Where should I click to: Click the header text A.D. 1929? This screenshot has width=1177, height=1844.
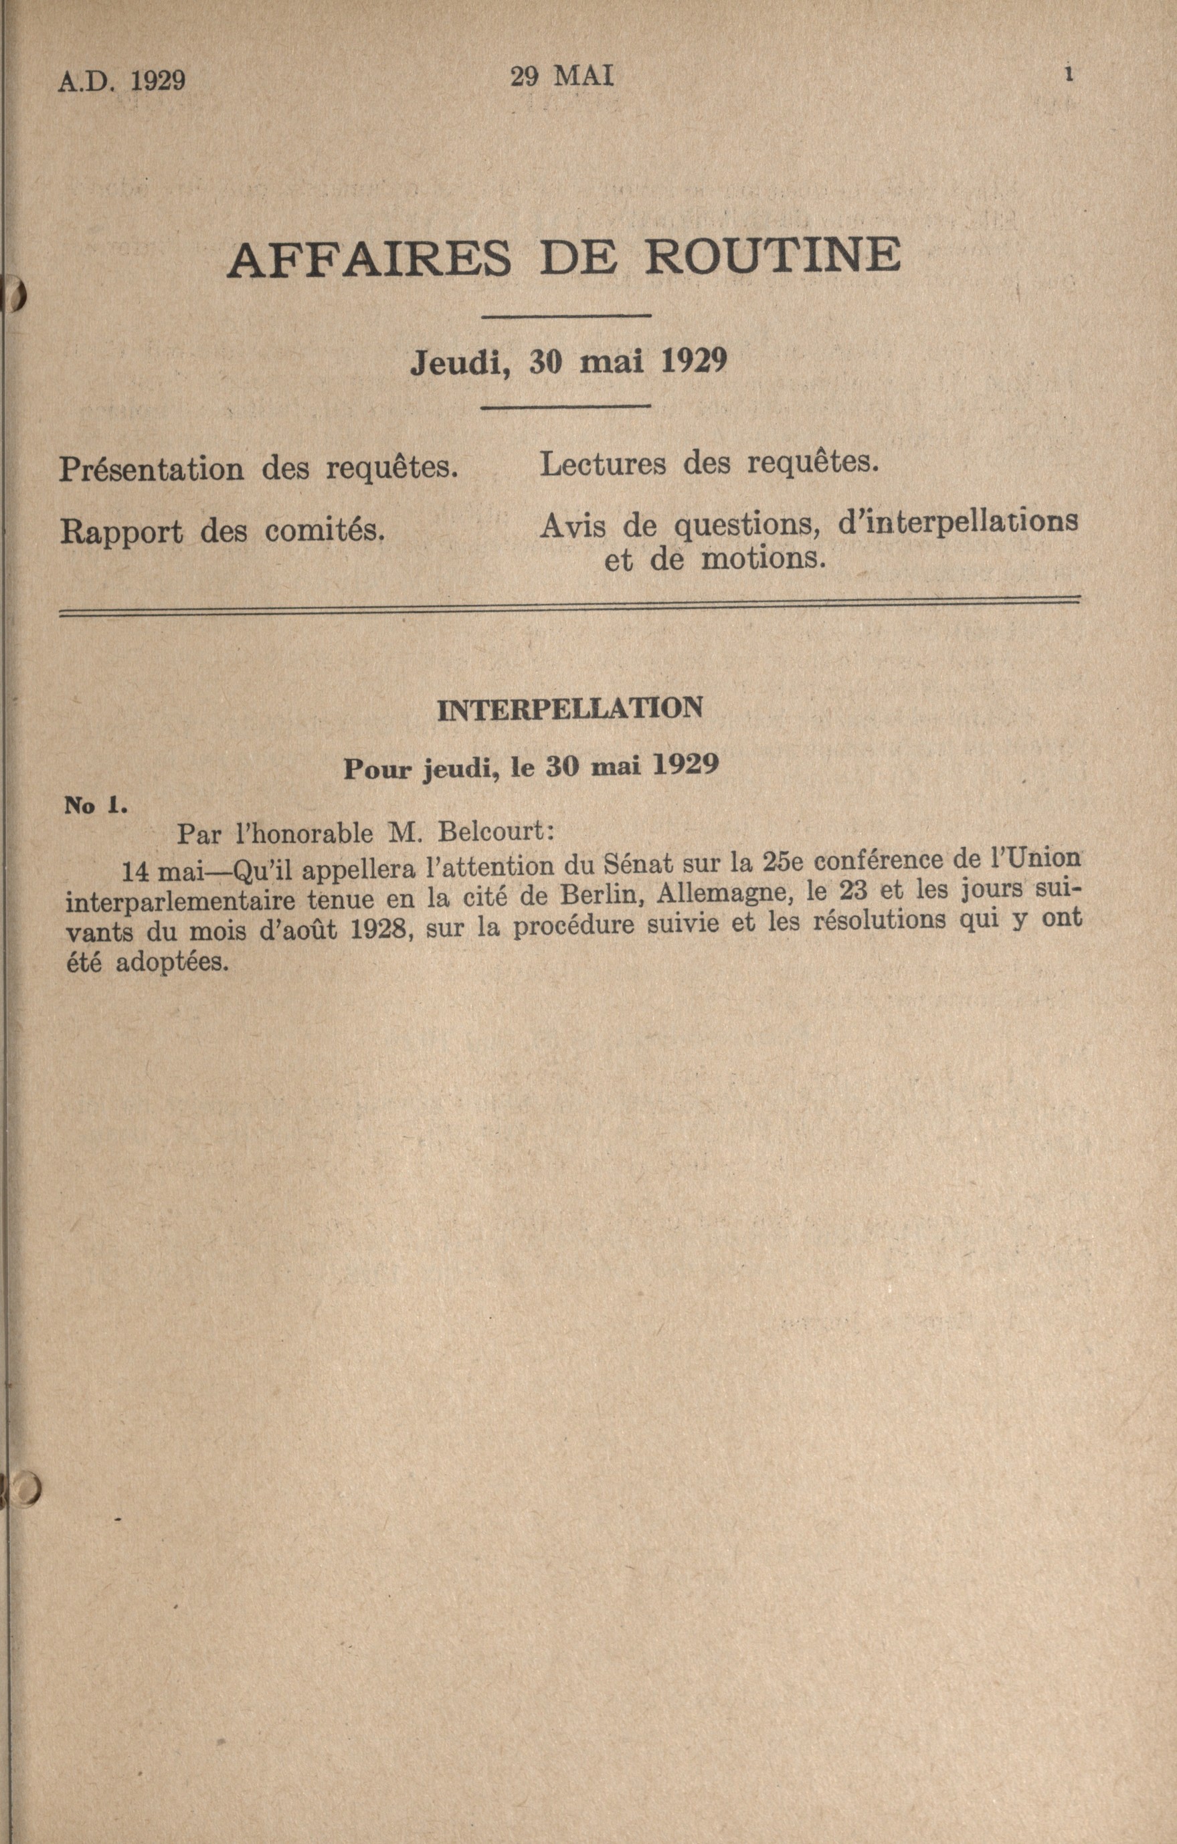(122, 80)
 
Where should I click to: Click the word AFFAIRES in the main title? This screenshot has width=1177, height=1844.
(369, 259)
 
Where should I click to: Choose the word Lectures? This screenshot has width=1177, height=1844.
(603, 463)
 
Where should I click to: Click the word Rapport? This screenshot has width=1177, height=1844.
(121, 531)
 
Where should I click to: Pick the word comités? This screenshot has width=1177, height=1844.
(325, 531)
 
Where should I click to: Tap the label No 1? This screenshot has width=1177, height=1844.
(95, 805)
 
